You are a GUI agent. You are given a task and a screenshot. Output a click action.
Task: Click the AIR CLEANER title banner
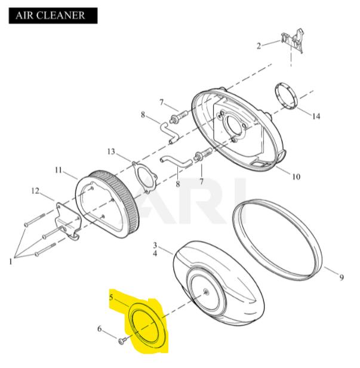53,16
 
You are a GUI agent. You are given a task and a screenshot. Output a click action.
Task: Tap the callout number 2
259,46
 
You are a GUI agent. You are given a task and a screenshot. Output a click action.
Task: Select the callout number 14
316,116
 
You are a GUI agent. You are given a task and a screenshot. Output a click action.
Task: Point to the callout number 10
296,177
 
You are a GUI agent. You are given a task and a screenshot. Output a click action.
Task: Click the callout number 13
111,151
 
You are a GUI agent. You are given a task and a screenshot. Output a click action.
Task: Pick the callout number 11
59,169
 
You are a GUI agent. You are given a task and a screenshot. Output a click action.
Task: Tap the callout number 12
35,191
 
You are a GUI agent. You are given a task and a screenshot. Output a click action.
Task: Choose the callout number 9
341,277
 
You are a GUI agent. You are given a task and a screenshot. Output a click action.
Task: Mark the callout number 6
100,329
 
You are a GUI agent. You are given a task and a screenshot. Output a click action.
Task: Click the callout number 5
111,298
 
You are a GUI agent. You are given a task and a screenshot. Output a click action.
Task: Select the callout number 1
10,261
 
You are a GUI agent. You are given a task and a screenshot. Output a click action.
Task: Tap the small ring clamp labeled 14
286,95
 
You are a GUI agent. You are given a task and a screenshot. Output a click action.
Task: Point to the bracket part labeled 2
293,41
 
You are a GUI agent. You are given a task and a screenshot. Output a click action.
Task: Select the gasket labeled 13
144,177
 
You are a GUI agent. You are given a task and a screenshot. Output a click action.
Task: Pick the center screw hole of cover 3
206,292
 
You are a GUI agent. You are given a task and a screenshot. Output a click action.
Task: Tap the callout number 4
155,253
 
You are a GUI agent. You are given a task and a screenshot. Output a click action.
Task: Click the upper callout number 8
143,115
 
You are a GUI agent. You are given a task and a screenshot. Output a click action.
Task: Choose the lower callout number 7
201,181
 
